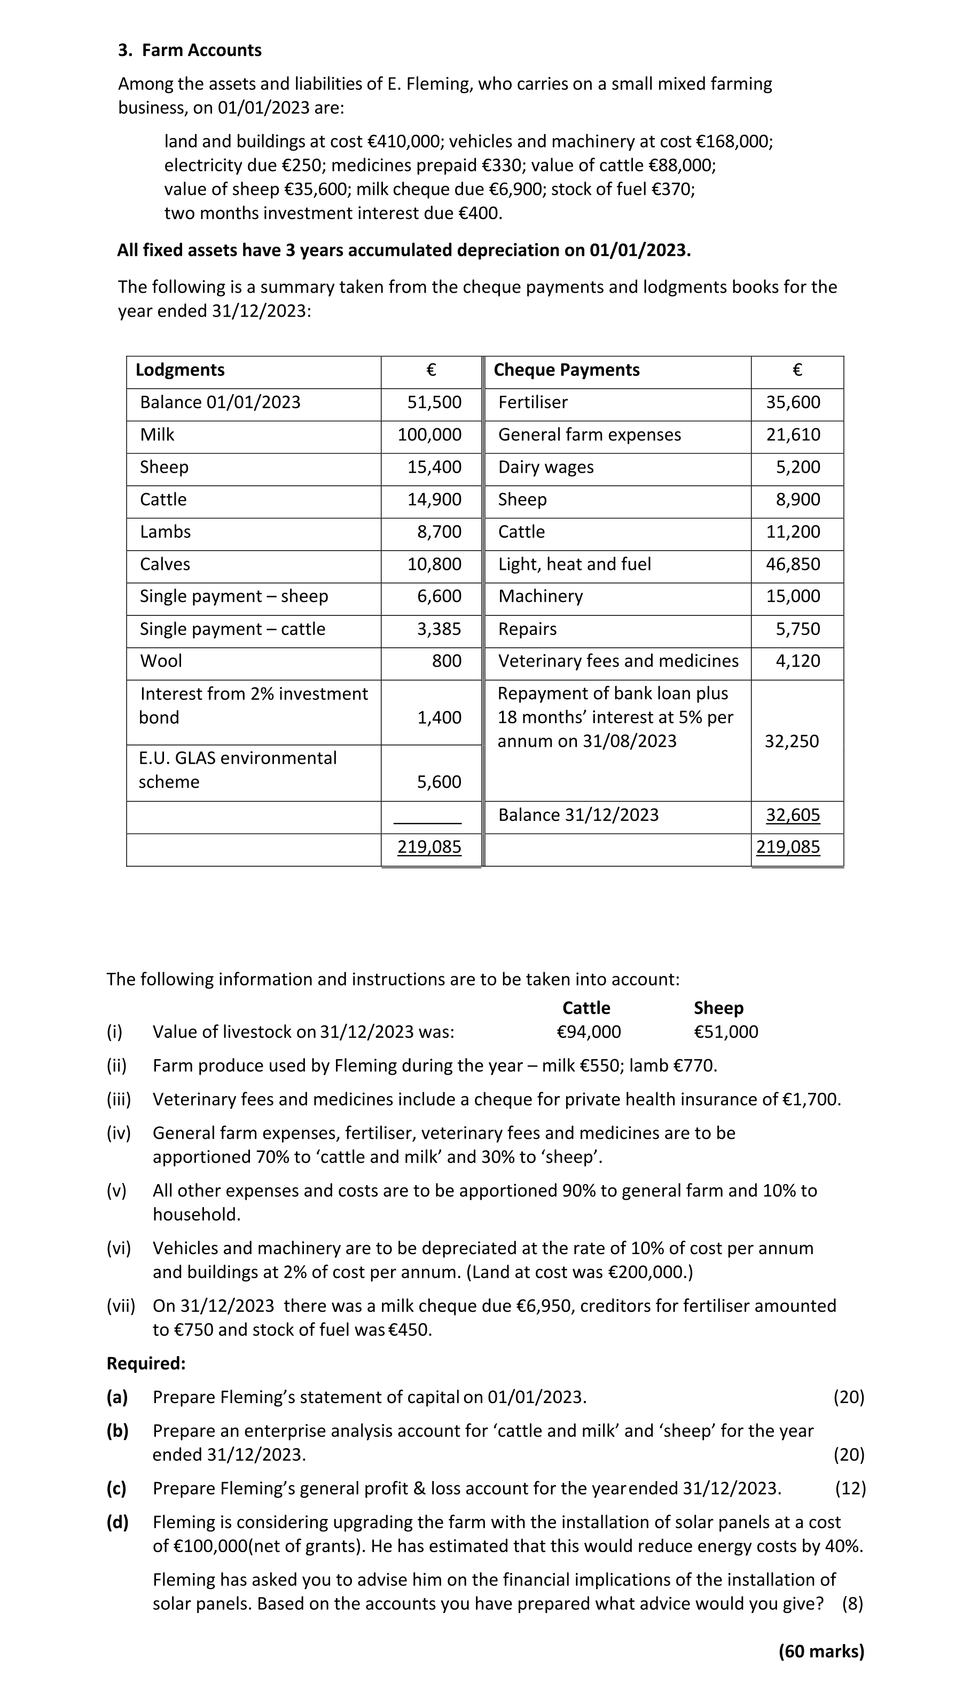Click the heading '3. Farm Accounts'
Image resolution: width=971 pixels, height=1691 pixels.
pos(190,50)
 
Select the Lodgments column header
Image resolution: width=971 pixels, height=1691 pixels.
pos(180,370)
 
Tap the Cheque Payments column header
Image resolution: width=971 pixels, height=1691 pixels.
pos(566,370)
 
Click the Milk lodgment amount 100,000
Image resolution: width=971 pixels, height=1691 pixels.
pos(429,435)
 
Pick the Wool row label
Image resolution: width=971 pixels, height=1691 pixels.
pos(161,661)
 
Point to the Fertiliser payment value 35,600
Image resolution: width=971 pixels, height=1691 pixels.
pos(793,402)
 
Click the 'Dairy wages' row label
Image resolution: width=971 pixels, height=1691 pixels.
pos(545,467)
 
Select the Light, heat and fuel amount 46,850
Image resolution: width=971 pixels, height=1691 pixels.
pos(793,564)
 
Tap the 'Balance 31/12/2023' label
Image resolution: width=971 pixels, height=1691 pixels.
pos(578,815)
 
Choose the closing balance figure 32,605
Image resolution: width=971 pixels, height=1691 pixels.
pos(793,815)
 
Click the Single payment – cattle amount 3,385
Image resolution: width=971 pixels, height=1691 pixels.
pos(439,629)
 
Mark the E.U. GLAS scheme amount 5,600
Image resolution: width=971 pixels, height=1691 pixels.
pos(439,781)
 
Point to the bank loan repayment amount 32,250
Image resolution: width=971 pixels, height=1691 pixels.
pos(792,741)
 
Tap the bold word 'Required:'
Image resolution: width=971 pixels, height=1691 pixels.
pos(146,1363)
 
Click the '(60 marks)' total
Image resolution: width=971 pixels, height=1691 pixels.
pos(821,1651)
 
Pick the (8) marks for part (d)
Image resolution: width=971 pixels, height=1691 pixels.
pos(852,1603)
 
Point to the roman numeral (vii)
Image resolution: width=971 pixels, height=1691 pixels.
pos(121,1305)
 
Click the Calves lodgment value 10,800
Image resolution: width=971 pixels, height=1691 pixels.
pos(434,564)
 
